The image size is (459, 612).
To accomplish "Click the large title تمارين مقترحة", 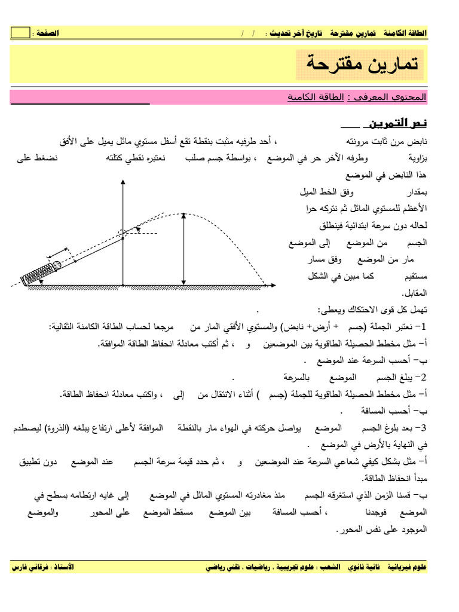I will [360, 64].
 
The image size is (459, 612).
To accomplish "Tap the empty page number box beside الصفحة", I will [20, 33].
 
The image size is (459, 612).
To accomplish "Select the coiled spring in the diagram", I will [36, 272].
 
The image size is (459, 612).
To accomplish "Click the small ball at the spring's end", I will [56, 265].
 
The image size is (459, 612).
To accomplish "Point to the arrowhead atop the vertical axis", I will [123, 183].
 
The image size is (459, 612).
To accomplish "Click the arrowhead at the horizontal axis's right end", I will [268, 286].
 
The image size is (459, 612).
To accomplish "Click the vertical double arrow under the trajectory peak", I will [183, 249].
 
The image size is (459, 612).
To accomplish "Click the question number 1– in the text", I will [422, 327].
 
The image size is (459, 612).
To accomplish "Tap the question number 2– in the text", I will [422, 378].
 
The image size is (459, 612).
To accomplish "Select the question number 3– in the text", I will [422, 429].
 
